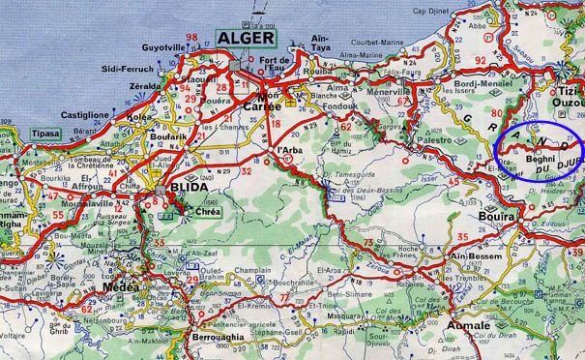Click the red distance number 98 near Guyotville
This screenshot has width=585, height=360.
pos(191,38)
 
